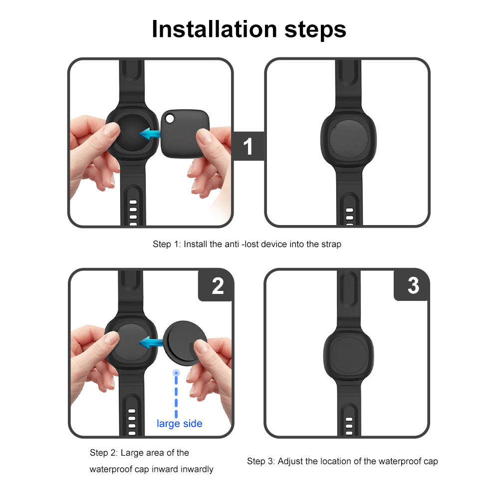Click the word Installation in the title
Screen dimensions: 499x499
point(215,29)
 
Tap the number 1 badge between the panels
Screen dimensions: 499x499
point(248,146)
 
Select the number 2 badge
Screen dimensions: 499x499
point(218,286)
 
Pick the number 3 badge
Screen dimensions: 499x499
point(413,285)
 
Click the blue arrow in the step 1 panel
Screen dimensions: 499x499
point(150,134)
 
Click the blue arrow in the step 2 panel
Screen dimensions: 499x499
point(151,343)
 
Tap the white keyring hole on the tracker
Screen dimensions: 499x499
point(170,119)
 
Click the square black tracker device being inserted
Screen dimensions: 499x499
point(185,133)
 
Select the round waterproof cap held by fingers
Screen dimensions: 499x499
point(185,343)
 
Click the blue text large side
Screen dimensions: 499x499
point(180,424)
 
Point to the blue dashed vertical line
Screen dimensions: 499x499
point(176,394)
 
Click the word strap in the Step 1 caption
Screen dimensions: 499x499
point(331,244)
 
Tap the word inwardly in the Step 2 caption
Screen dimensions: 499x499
point(197,469)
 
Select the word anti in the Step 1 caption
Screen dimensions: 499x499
point(232,244)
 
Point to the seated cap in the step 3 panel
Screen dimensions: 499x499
point(349,355)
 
